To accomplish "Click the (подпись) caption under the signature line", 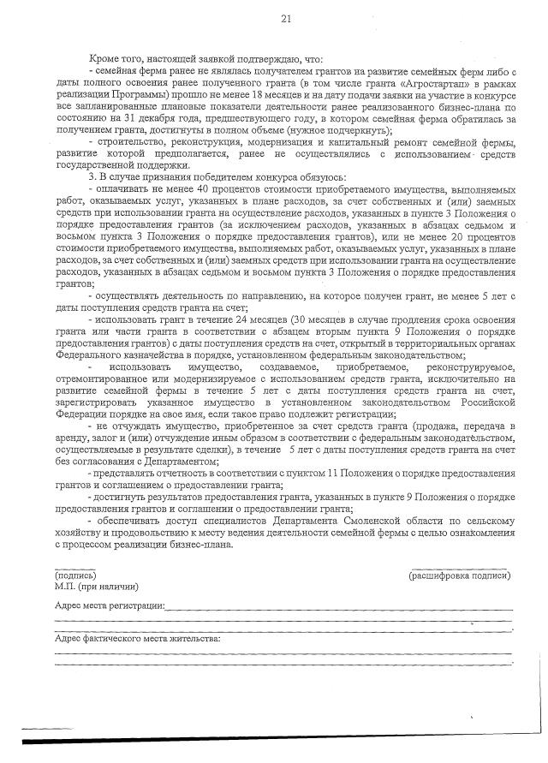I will (75, 577).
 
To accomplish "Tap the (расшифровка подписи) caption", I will (461, 577).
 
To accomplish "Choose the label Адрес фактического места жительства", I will (137, 639).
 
